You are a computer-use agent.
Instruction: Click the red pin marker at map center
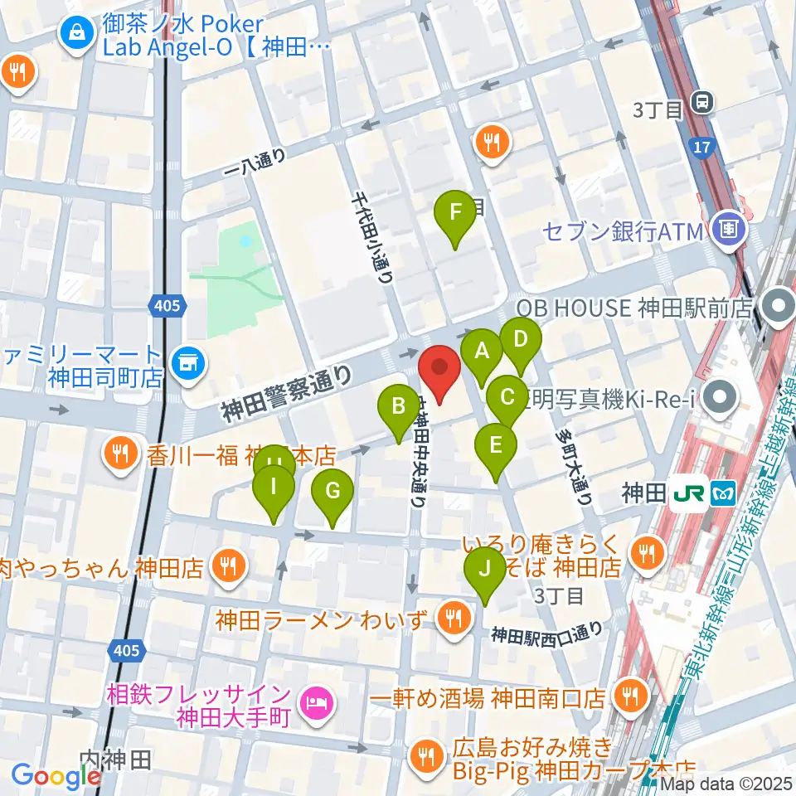tap(440, 374)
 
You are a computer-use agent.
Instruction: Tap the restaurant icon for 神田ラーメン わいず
tap(453, 617)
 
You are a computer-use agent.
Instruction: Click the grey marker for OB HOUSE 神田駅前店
tap(779, 309)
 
